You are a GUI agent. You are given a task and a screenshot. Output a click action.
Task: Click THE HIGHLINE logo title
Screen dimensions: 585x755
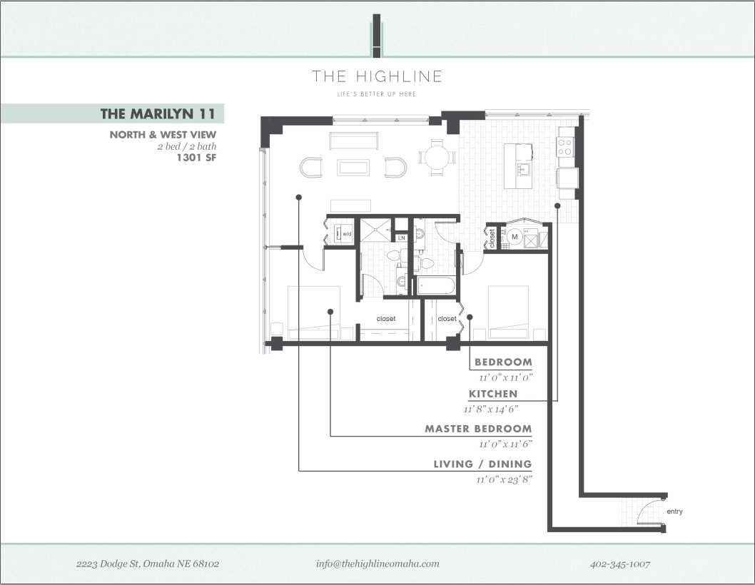point(377,76)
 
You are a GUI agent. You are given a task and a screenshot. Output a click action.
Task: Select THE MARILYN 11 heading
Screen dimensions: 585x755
point(158,113)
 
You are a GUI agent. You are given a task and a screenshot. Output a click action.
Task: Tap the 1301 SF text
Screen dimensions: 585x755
point(196,158)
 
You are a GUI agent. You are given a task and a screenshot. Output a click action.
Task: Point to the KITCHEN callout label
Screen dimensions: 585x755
point(493,394)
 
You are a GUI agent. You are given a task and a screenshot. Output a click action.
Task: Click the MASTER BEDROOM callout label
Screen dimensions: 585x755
point(478,429)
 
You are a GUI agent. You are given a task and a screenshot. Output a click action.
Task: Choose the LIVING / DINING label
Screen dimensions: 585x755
point(482,464)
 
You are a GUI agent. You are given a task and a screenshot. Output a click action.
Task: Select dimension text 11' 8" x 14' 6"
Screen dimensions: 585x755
point(490,409)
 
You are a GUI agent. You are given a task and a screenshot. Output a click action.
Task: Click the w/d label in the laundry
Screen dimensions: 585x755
point(347,234)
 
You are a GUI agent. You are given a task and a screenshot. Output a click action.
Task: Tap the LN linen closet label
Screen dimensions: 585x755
point(401,238)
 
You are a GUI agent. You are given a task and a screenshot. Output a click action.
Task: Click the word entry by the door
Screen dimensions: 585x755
point(674,512)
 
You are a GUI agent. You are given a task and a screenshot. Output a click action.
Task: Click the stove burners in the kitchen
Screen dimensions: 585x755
point(565,146)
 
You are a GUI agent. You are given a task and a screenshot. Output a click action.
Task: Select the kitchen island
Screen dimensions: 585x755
point(519,166)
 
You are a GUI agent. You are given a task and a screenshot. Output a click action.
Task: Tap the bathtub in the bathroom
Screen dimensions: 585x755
point(436,286)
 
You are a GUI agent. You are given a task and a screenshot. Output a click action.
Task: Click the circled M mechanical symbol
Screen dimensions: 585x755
point(513,236)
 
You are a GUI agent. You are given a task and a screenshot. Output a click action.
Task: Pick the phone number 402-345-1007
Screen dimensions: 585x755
point(620,564)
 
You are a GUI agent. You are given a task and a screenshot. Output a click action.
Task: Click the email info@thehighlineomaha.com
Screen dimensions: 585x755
point(377,564)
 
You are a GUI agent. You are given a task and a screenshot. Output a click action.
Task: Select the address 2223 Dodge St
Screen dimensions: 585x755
point(148,564)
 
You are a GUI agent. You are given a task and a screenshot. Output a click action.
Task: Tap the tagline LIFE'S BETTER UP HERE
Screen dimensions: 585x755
point(377,94)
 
